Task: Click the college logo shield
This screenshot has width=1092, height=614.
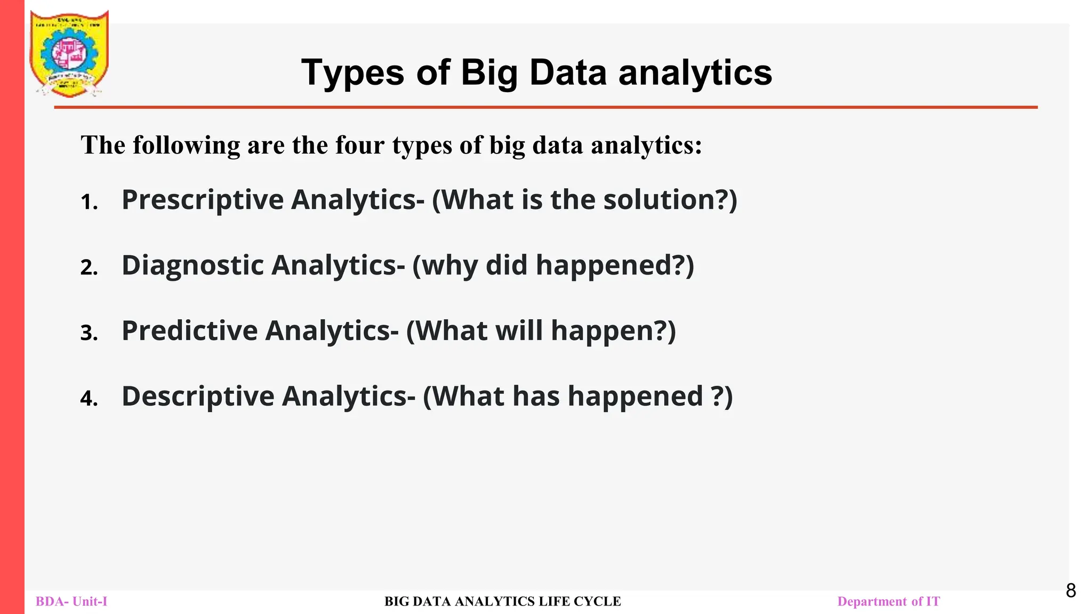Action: (69, 53)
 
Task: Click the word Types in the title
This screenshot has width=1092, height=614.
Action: (352, 73)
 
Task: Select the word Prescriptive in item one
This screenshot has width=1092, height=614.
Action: (203, 200)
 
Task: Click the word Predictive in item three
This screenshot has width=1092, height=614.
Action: (190, 331)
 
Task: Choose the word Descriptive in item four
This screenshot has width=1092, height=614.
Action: (198, 397)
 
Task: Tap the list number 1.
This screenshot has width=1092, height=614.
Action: (89, 203)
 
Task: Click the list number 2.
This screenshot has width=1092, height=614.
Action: (89, 268)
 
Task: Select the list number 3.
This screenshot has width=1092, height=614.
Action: (89, 333)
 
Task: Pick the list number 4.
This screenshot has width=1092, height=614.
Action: (89, 399)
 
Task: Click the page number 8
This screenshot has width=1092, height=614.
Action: (1071, 591)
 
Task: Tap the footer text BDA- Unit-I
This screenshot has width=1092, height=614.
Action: (71, 602)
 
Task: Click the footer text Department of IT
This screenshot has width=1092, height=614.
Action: (888, 602)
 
